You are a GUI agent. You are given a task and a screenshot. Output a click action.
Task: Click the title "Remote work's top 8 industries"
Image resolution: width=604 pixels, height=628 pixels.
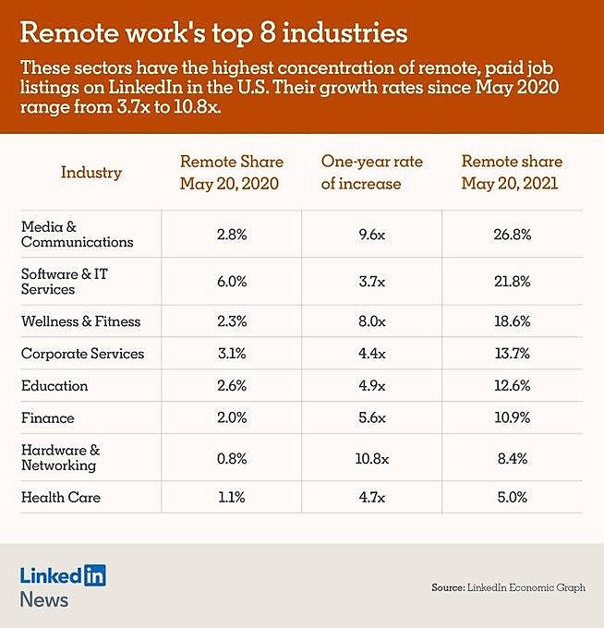click(213, 33)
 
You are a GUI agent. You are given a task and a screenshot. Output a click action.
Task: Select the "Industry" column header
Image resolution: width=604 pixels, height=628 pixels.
click(91, 172)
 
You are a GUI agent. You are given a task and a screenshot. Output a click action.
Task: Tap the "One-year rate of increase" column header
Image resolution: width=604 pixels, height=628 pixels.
click(371, 172)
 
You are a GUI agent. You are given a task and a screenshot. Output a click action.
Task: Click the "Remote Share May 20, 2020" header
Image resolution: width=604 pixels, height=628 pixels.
click(231, 172)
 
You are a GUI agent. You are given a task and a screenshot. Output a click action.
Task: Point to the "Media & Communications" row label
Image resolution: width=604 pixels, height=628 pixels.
click(77, 235)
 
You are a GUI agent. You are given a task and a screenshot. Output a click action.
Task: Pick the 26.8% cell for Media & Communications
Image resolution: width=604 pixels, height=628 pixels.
click(512, 235)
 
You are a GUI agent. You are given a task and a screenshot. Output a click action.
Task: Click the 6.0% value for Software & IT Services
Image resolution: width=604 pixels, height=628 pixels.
click(231, 282)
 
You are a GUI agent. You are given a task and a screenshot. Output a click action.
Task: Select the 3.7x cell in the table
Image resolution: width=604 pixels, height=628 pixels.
click(371, 282)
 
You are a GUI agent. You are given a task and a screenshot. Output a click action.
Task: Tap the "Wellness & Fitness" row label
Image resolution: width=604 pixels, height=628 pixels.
click(80, 321)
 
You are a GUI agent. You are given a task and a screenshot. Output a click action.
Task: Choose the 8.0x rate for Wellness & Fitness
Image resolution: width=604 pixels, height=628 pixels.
click(371, 321)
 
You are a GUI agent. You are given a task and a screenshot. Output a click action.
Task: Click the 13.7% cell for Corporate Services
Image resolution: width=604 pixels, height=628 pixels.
click(512, 354)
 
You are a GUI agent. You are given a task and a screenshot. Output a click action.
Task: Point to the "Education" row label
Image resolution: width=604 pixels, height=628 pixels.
click(54, 386)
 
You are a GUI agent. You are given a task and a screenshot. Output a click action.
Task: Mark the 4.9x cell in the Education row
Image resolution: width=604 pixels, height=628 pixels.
click(371, 386)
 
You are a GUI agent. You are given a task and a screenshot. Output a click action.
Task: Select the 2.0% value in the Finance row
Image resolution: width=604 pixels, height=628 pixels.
click(231, 418)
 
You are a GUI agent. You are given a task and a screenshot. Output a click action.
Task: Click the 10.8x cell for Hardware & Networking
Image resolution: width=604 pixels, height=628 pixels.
click(371, 457)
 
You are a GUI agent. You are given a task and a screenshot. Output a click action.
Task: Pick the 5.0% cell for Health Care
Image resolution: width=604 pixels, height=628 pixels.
click(512, 497)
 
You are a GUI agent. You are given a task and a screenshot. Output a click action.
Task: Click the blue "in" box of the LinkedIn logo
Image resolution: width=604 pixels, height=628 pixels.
click(95, 575)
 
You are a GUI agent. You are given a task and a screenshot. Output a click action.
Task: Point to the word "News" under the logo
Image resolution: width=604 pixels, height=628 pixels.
click(43, 599)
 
